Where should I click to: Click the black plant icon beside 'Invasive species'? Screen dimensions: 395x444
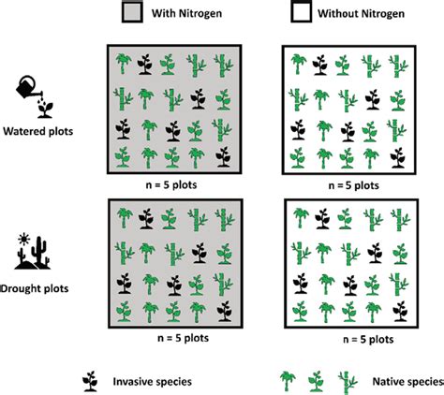pos(91,379)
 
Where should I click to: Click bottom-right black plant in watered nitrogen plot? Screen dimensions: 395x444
pos(222,158)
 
